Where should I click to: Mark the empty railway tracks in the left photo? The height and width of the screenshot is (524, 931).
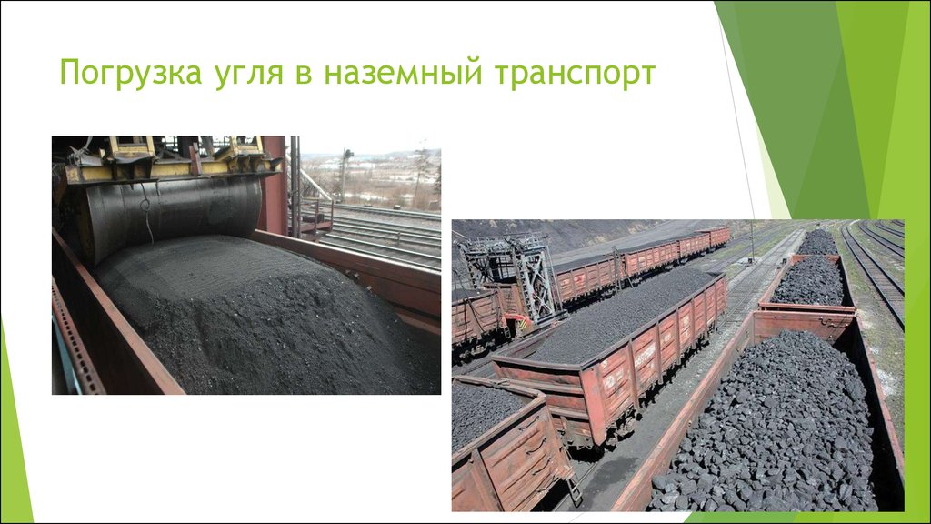tap(382, 232)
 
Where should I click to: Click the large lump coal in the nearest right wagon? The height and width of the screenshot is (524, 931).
tap(773, 428)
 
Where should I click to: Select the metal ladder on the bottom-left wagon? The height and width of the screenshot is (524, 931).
tap(571, 487)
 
